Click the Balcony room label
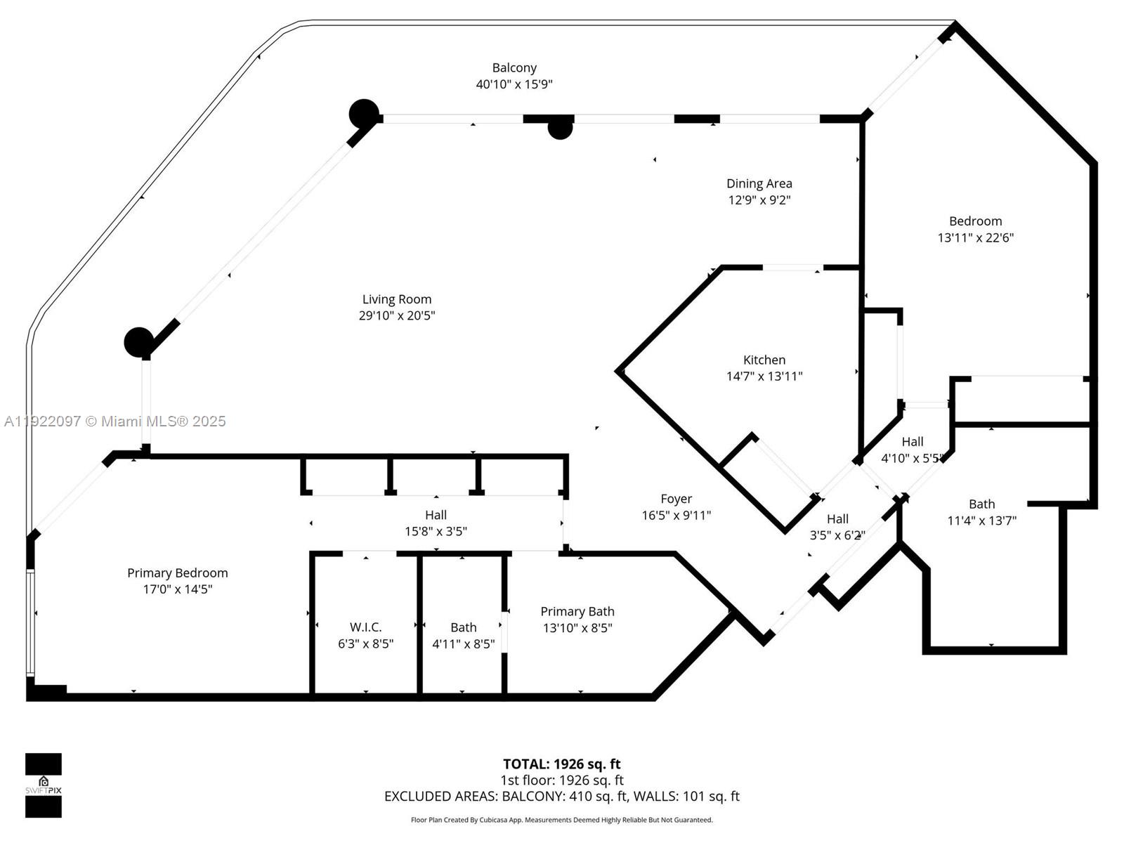[x=514, y=68]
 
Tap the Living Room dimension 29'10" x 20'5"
[x=397, y=316]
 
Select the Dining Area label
[x=759, y=183]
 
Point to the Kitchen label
[x=764, y=360]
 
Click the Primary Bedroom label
[x=177, y=573]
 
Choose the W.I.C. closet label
[x=365, y=627]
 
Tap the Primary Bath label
[x=577, y=612]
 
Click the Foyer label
[x=676, y=499]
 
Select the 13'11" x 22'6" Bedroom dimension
[x=975, y=238]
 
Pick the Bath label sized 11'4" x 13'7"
[x=981, y=504]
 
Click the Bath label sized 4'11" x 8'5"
[x=463, y=627]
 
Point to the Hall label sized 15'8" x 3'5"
[x=436, y=515]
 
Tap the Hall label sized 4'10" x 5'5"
[x=912, y=442]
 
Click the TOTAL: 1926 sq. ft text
[x=561, y=764]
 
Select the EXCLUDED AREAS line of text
[x=561, y=797]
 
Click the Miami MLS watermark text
[x=115, y=421]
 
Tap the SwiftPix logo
[x=44, y=785]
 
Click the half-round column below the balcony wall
[x=560, y=129]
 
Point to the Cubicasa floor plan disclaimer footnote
[x=561, y=820]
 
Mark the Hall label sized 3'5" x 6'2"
[x=837, y=519]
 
